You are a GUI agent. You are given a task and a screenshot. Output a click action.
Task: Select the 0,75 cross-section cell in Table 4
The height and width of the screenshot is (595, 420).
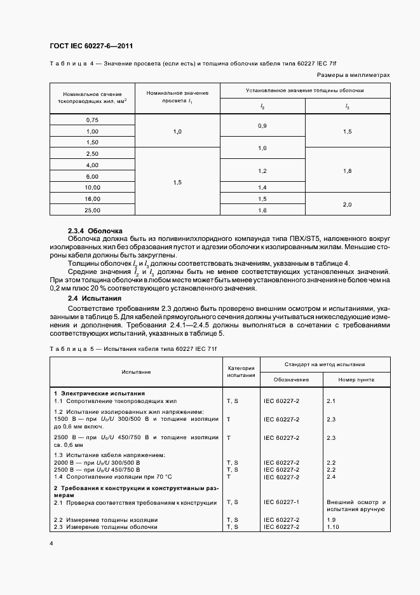click(x=92, y=120)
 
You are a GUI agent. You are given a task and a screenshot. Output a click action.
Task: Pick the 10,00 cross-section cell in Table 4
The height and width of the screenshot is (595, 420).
click(x=92, y=188)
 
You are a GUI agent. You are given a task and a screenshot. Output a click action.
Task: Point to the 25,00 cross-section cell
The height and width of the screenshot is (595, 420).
click(x=92, y=209)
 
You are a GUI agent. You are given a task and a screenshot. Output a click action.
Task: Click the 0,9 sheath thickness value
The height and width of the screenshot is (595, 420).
click(x=262, y=126)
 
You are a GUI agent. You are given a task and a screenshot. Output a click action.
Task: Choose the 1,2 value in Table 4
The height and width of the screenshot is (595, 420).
click(x=262, y=171)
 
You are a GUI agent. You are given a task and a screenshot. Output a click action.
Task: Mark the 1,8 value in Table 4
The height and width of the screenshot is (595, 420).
click(x=347, y=171)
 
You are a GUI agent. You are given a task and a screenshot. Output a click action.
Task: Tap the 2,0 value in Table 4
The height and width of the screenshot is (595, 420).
click(x=347, y=203)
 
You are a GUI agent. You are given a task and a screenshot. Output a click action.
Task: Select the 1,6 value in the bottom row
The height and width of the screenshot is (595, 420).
click(x=262, y=209)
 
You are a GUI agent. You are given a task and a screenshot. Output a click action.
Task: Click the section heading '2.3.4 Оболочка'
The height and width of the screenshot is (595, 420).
click(x=95, y=230)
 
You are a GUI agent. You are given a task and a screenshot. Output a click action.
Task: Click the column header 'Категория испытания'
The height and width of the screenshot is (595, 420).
click(x=241, y=371)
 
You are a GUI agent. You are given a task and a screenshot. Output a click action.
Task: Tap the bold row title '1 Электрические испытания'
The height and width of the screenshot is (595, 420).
click(x=99, y=393)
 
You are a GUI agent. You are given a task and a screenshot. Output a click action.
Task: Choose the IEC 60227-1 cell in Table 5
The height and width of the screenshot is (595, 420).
click(x=281, y=502)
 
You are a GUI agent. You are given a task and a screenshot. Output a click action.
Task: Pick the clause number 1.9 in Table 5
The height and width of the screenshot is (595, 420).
click(x=332, y=519)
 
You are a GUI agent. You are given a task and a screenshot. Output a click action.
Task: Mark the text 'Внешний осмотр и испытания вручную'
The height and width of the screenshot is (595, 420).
click(x=355, y=505)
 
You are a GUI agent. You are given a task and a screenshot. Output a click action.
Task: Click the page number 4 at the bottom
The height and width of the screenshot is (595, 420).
click(x=51, y=544)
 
